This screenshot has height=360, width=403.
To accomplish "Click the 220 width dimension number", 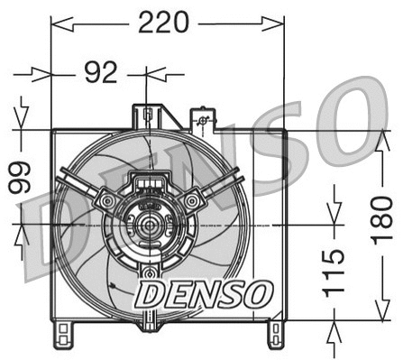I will [x=163, y=21].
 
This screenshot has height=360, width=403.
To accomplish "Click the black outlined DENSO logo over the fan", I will [x=203, y=291].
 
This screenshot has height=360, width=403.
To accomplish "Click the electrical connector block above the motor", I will [x=150, y=186].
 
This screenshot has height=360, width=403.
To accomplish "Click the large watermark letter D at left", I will [x=41, y=226].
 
